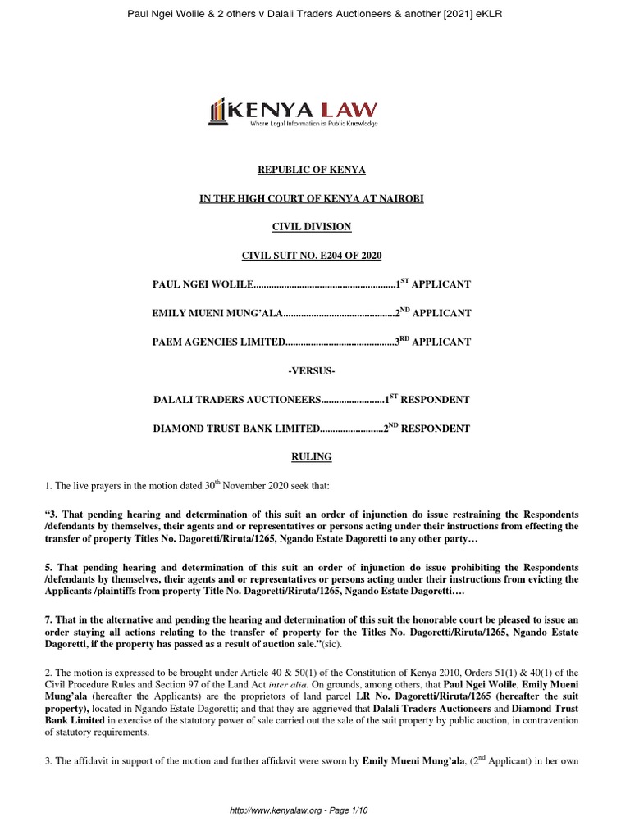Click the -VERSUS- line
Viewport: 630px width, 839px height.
pyautogui.click(x=312, y=371)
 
